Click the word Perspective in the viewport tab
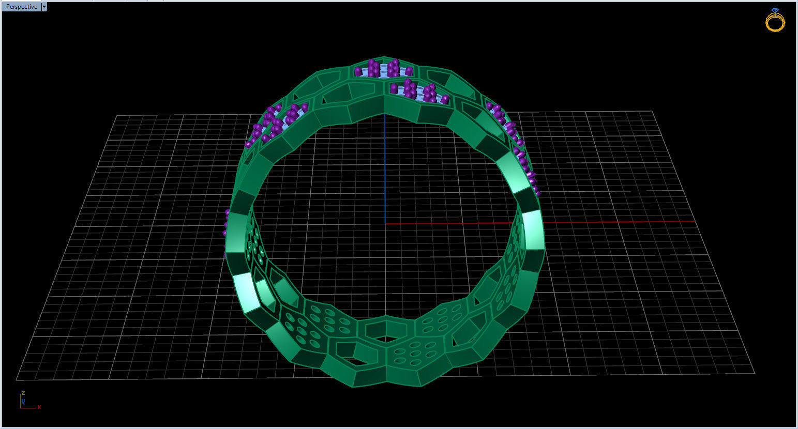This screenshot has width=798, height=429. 21,7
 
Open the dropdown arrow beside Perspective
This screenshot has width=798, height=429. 44,7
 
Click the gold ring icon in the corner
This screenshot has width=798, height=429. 775,22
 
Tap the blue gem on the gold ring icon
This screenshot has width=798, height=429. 774,10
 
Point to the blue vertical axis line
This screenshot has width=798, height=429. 384,171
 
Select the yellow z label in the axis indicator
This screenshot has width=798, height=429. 23,393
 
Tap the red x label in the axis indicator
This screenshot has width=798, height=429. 39,407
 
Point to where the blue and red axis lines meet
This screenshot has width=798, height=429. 385,223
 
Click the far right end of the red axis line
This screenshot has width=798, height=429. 695,221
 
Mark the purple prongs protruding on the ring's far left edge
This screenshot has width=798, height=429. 226,227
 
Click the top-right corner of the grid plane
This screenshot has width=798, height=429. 653,111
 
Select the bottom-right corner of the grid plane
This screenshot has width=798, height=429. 755,372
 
